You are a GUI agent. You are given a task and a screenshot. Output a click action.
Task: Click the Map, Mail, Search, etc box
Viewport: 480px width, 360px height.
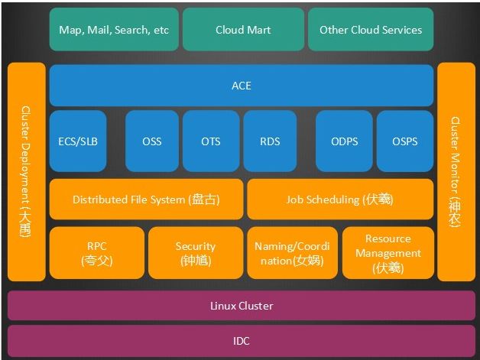pyautogui.click(x=114, y=30)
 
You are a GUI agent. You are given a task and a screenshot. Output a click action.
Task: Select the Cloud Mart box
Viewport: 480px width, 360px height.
pyautogui.click(x=243, y=30)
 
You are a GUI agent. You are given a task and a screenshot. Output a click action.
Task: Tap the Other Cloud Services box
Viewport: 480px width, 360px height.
pyautogui.click(x=371, y=30)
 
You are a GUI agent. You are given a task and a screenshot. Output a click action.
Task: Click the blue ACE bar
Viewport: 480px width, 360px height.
pyautogui.click(x=242, y=86)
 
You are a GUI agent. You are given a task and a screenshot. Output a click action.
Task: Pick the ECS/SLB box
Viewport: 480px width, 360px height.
pyautogui.click(x=78, y=141)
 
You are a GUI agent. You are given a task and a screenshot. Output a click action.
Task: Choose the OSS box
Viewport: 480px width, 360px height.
pyautogui.click(x=151, y=141)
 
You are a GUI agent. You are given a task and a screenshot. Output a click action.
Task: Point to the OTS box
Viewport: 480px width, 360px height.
pyautogui.click(x=210, y=141)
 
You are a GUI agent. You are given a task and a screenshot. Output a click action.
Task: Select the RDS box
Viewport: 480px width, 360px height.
pyautogui.click(x=270, y=141)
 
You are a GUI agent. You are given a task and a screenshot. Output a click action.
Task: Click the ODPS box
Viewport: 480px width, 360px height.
pyautogui.click(x=344, y=141)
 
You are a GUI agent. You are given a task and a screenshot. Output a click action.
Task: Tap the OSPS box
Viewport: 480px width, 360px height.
pyautogui.click(x=404, y=141)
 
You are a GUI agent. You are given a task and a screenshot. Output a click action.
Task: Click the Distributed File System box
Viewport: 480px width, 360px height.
pyautogui.click(x=146, y=199)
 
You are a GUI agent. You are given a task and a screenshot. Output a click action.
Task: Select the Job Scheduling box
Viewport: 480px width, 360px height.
pyautogui.click(x=340, y=199)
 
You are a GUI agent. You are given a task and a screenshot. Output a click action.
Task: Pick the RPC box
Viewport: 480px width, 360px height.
pyautogui.click(x=96, y=253)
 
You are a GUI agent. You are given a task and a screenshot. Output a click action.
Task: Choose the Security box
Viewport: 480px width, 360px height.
pyautogui.click(x=195, y=253)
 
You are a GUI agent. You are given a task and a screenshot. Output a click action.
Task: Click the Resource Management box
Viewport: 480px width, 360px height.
pyautogui.click(x=388, y=253)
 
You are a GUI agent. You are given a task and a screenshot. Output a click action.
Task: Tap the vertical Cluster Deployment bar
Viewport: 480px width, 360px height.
pyautogui.click(x=26, y=172)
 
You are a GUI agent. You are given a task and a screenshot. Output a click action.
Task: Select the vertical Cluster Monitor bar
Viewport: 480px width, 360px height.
pyautogui.click(x=456, y=172)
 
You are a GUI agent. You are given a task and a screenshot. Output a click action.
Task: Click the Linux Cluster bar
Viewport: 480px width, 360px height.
pyautogui.click(x=242, y=306)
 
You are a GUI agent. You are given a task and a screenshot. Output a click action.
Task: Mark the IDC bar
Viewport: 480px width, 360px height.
pyautogui.click(x=242, y=341)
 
